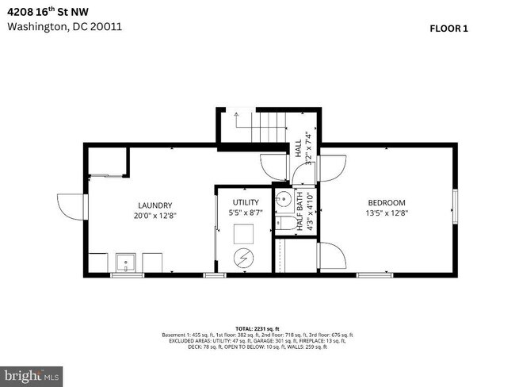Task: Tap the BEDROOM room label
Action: click(387, 202)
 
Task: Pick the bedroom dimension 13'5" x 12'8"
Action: click(387, 213)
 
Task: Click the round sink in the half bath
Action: click(283, 199)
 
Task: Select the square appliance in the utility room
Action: click(242, 232)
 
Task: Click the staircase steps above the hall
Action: click(266, 125)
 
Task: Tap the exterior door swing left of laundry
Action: click(70, 208)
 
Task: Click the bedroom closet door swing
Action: click(331, 257)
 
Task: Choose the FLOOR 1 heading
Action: click(449, 29)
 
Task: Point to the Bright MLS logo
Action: click(32, 374)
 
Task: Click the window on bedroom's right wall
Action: click(455, 208)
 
